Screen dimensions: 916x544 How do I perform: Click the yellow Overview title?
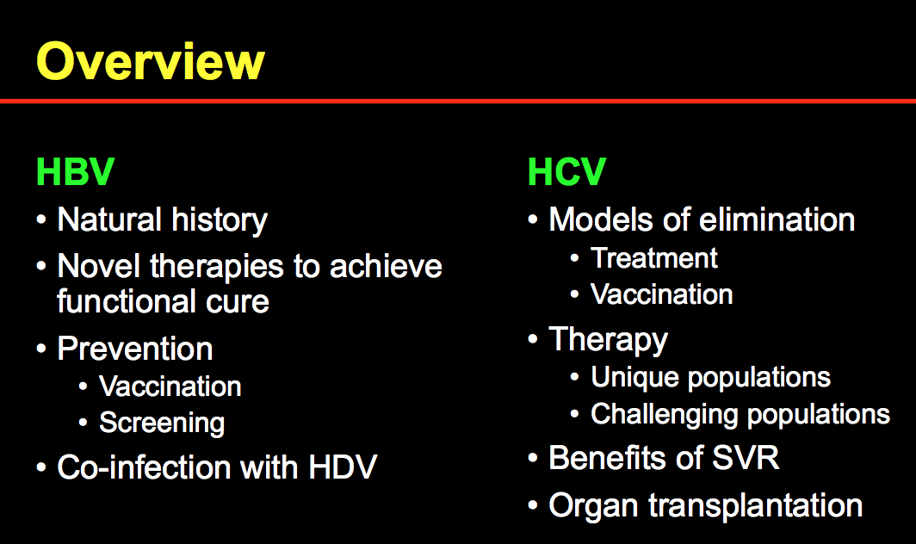click(x=151, y=61)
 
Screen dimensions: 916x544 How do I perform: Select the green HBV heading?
click(x=76, y=172)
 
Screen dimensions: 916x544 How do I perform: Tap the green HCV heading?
click(x=566, y=172)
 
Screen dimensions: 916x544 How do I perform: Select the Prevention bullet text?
click(x=135, y=349)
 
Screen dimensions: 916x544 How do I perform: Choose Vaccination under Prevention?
click(x=170, y=386)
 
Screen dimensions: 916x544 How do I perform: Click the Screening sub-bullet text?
click(x=162, y=423)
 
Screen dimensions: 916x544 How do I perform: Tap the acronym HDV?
click(x=343, y=467)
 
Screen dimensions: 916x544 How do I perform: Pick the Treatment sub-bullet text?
click(x=653, y=258)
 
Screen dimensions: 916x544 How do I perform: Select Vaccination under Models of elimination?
click(x=661, y=294)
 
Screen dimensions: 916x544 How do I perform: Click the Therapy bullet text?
click(x=608, y=340)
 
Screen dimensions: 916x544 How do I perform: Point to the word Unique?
click(x=635, y=378)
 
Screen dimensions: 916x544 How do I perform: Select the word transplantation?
click(x=755, y=505)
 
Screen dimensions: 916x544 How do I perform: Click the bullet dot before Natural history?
click(x=41, y=220)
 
